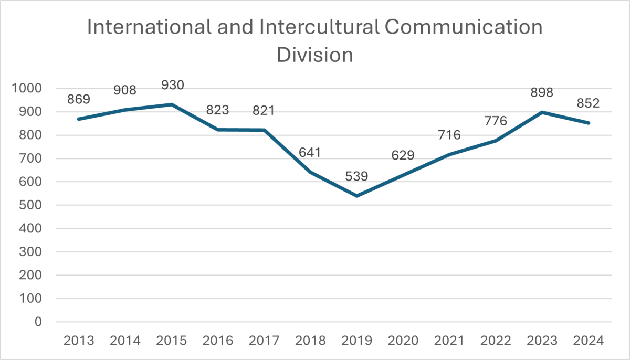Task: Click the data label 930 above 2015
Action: click(x=172, y=85)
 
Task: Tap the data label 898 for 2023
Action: click(x=542, y=92)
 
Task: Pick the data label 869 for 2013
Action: click(x=79, y=99)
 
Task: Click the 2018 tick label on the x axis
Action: click(x=311, y=341)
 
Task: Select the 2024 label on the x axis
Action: click(x=589, y=341)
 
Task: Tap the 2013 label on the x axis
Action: click(x=79, y=341)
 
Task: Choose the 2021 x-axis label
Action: click(x=449, y=341)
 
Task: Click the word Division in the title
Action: click(x=315, y=54)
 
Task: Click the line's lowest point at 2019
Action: click(x=357, y=196)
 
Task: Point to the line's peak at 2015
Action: click(x=172, y=104)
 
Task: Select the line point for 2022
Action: click(x=496, y=141)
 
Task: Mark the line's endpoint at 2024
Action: click(x=589, y=123)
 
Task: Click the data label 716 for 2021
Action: click(x=449, y=135)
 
